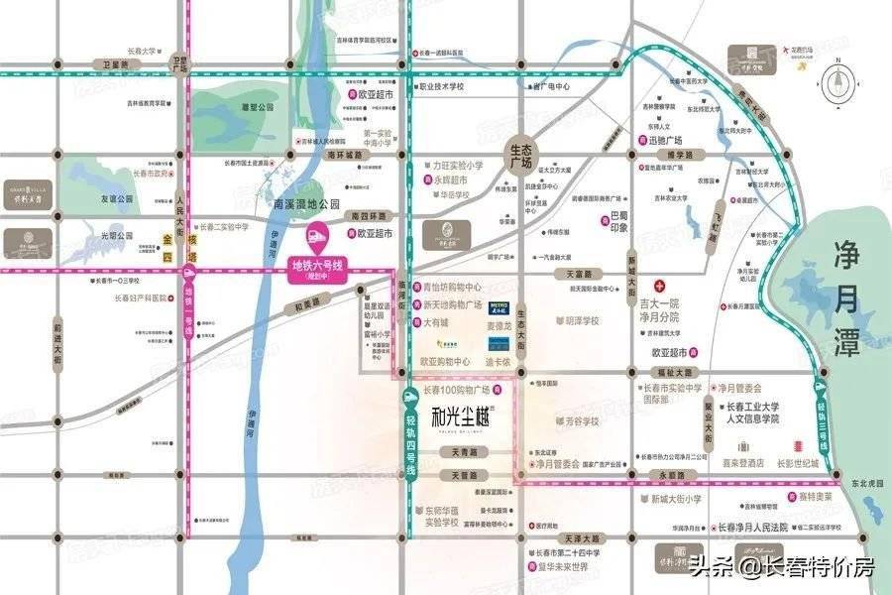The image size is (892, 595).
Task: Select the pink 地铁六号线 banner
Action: click(x=315, y=268)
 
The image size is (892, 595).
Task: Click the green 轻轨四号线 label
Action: click(x=409, y=435)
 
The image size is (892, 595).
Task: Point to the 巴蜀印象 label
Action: click(x=619, y=219)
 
